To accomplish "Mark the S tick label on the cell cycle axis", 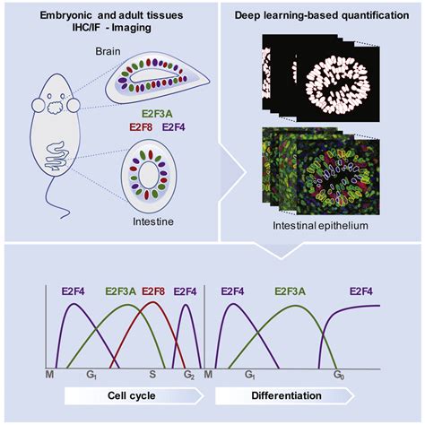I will coord(153,372).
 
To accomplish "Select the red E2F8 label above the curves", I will coord(153,291).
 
